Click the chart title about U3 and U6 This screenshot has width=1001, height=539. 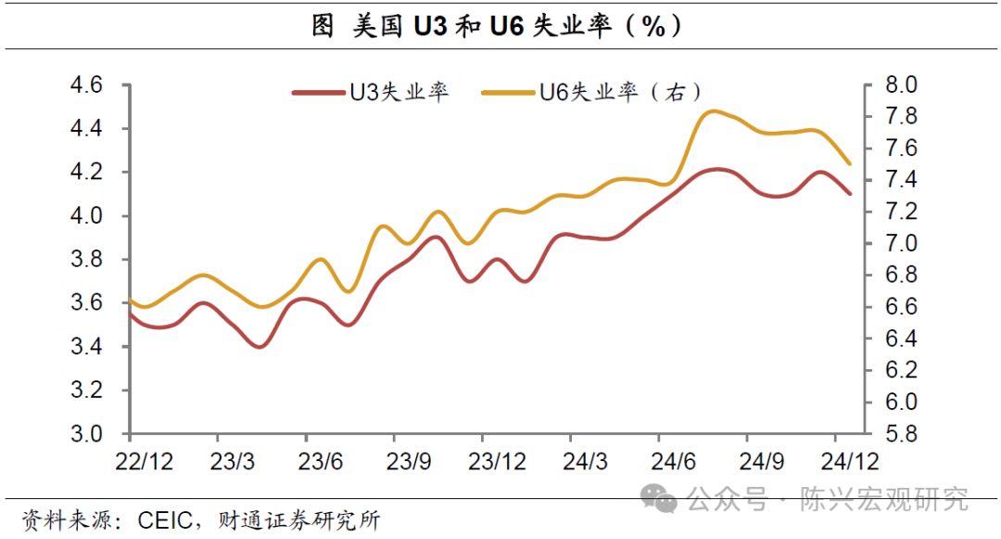[x=500, y=27]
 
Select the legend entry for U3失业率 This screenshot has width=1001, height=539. [x=371, y=93]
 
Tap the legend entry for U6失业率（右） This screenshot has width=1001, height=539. [x=590, y=93]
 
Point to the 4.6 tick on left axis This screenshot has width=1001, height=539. [x=92, y=85]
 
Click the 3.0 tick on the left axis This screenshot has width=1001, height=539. [x=92, y=434]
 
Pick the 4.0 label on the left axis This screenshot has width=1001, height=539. [x=92, y=216]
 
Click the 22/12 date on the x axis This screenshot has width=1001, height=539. [x=144, y=460]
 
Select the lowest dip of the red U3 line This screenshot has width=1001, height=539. [x=260, y=346]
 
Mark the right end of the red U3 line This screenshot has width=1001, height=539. [x=849, y=193]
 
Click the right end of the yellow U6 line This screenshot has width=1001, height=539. [x=849, y=163]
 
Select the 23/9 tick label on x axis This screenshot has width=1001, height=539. [x=408, y=460]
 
